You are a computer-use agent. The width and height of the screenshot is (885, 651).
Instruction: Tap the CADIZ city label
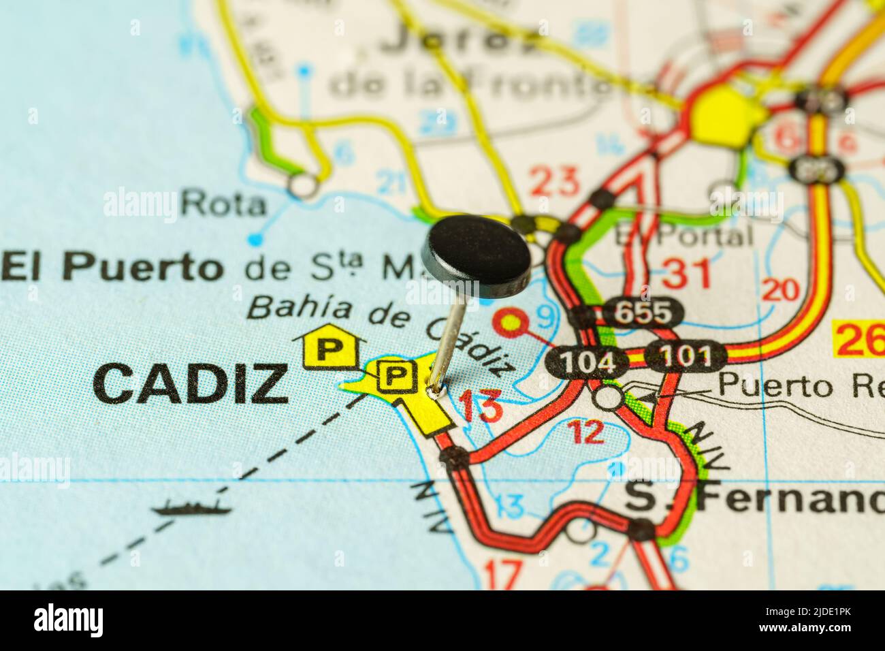(x=191, y=383)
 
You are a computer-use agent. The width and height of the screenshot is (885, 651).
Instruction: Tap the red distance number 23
(x=555, y=182)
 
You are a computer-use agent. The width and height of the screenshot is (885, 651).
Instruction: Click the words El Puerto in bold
(x=113, y=266)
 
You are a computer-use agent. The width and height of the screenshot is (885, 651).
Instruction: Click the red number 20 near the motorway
(x=780, y=290)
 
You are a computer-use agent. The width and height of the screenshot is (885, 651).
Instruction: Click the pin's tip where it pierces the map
(x=434, y=392)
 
